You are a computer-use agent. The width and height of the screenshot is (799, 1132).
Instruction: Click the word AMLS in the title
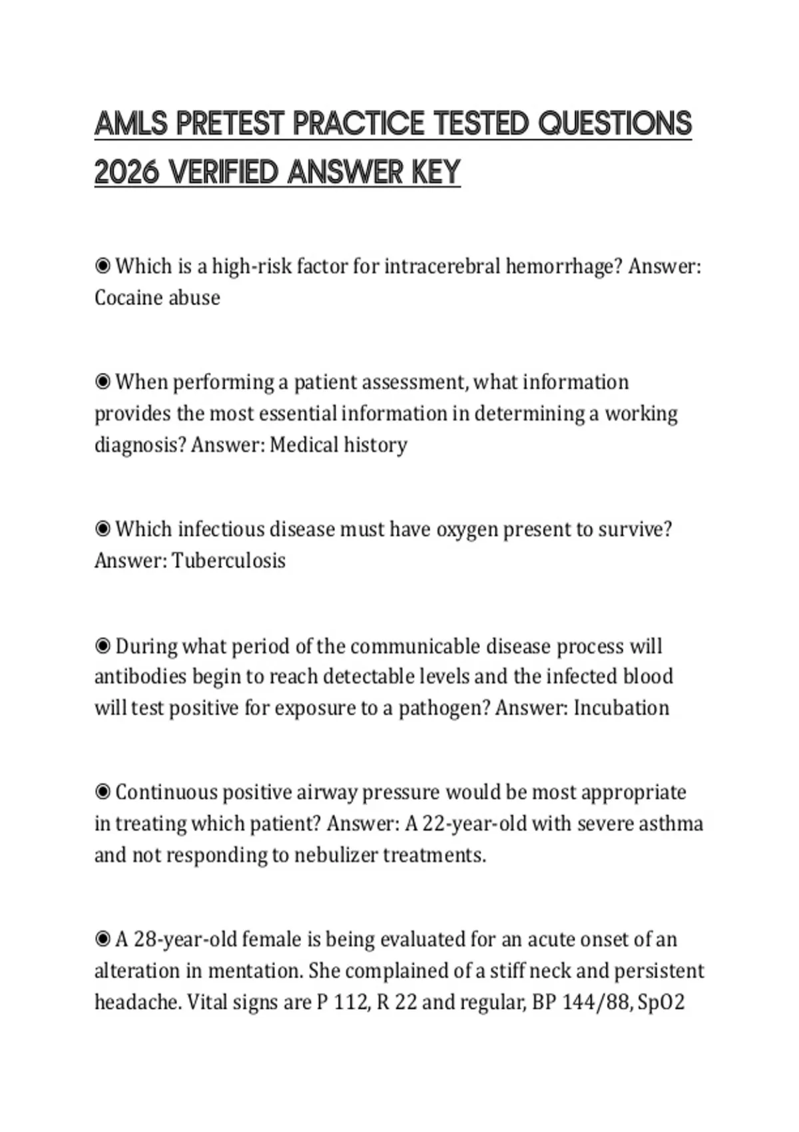(131, 124)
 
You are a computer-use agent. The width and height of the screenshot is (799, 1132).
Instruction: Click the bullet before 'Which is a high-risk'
(103, 266)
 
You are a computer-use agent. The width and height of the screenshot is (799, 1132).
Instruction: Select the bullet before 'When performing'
(103, 382)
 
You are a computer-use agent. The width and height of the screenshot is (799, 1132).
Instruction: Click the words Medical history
(338, 445)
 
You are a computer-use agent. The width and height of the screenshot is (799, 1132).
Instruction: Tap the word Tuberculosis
(228, 561)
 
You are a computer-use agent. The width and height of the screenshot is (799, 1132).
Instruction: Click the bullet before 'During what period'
(103, 646)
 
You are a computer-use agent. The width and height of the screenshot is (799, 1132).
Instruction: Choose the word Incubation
(621, 708)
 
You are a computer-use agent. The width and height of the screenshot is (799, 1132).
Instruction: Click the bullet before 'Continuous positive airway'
(103, 792)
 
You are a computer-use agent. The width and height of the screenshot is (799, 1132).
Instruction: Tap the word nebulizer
(336, 855)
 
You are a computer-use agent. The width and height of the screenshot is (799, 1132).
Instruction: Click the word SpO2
(661, 1002)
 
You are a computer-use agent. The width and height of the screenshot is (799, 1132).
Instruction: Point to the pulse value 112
(351, 1002)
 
